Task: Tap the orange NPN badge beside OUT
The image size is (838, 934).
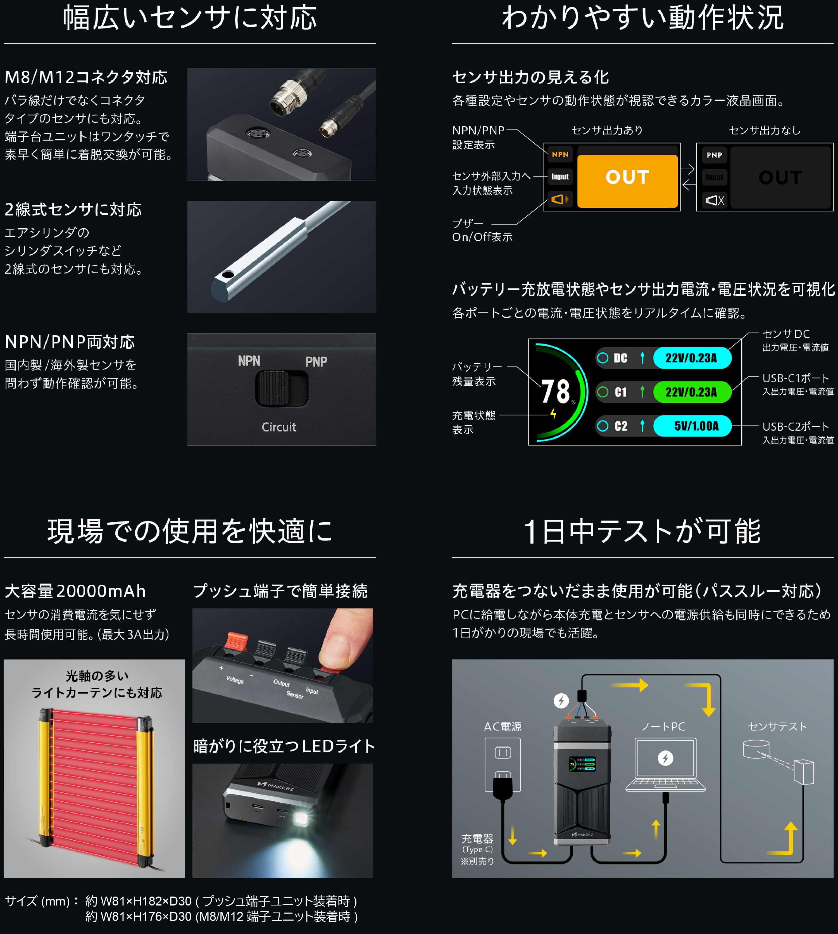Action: click(560, 154)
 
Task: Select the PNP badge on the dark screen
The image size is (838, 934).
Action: click(714, 155)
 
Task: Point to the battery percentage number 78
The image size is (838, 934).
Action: click(555, 392)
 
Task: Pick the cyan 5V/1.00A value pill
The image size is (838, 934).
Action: click(692, 426)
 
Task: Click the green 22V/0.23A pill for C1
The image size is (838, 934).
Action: click(692, 392)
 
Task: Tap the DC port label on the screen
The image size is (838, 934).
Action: click(620, 358)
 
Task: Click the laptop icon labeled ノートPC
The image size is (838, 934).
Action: click(665, 765)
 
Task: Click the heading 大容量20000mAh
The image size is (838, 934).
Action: click(75, 591)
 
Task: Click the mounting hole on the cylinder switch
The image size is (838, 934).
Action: click(227, 275)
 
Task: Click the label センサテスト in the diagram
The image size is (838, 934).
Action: click(777, 726)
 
